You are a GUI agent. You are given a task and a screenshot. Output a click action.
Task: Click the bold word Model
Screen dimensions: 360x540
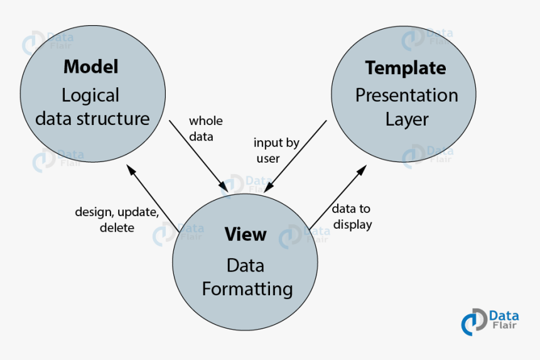pos(91,66)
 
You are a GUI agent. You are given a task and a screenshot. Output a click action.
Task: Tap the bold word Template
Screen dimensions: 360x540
pos(405,67)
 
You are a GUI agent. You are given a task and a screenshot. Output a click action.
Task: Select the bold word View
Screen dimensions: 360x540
pos(246,234)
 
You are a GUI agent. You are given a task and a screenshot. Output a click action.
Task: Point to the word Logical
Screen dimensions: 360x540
pos(90,95)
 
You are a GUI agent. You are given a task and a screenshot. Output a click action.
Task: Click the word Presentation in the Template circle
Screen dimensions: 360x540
pos(406,95)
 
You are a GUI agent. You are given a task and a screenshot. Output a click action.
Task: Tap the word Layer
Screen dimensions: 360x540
pos(406,119)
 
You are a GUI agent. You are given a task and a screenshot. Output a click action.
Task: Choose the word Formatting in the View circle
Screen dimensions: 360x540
pos(247,289)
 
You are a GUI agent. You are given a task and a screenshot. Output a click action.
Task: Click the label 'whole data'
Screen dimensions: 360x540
pos(205,128)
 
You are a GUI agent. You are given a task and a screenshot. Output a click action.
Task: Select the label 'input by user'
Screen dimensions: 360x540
pos(276,150)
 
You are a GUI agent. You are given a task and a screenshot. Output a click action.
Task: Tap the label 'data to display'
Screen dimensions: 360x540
pos(352,217)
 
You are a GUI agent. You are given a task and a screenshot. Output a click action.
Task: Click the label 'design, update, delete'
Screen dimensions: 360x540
pos(117,219)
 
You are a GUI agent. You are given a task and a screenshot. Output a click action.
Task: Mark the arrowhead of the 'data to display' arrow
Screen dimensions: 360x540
pos(364,169)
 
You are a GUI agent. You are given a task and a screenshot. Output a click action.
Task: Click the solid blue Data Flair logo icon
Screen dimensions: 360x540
pos(474,322)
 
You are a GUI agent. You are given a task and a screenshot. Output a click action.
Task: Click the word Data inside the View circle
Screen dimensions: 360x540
pos(246,266)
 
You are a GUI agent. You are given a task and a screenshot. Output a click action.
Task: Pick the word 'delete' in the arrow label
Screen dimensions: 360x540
pos(117,227)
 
